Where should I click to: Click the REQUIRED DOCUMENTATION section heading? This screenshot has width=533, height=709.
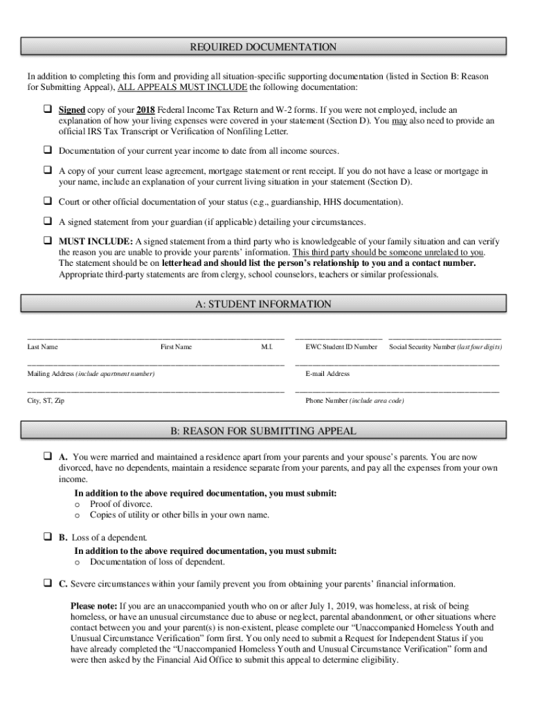point(263,47)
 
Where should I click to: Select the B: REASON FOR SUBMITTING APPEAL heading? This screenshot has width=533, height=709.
point(264,431)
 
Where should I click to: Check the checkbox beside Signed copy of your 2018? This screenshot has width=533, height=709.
point(48,110)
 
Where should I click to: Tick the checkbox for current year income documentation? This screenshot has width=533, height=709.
point(48,150)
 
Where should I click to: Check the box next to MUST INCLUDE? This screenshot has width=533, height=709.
point(48,242)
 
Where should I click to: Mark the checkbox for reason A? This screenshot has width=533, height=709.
point(48,458)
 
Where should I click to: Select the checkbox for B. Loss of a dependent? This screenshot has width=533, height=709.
point(48,537)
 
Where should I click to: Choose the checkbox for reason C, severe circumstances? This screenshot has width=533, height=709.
point(48,584)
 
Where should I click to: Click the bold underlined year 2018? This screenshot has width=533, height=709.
point(145,110)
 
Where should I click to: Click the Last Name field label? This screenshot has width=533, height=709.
point(42,347)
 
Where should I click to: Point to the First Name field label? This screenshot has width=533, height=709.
point(176,347)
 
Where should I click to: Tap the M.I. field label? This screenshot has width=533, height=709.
point(266,347)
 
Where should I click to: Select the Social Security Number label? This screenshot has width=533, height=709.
point(445,347)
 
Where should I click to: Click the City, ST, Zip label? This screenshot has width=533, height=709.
point(46,401)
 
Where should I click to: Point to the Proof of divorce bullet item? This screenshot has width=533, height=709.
point(120,504)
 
